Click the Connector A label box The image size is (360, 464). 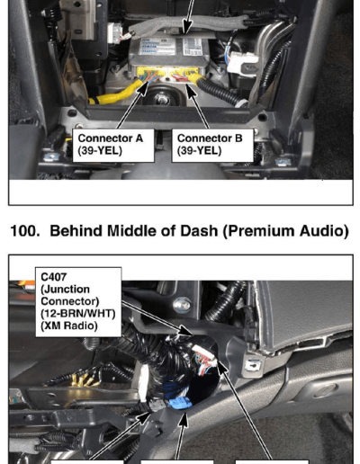pos(113,146)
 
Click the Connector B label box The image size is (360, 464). pos(212,146)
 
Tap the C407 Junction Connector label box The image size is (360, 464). pos(78,302)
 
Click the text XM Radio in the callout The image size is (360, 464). pos(69,326)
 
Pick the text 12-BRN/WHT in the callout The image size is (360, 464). pos(78,314)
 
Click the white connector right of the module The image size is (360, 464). pos(242,64)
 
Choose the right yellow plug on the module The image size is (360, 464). pos(184,74)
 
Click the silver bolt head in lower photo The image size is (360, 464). pos(182,305)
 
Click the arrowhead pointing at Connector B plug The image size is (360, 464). pos(191,91)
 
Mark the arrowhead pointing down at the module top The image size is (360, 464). pos(187,28)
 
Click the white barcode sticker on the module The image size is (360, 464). pos(193,47)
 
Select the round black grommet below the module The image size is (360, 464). pos(162,96)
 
